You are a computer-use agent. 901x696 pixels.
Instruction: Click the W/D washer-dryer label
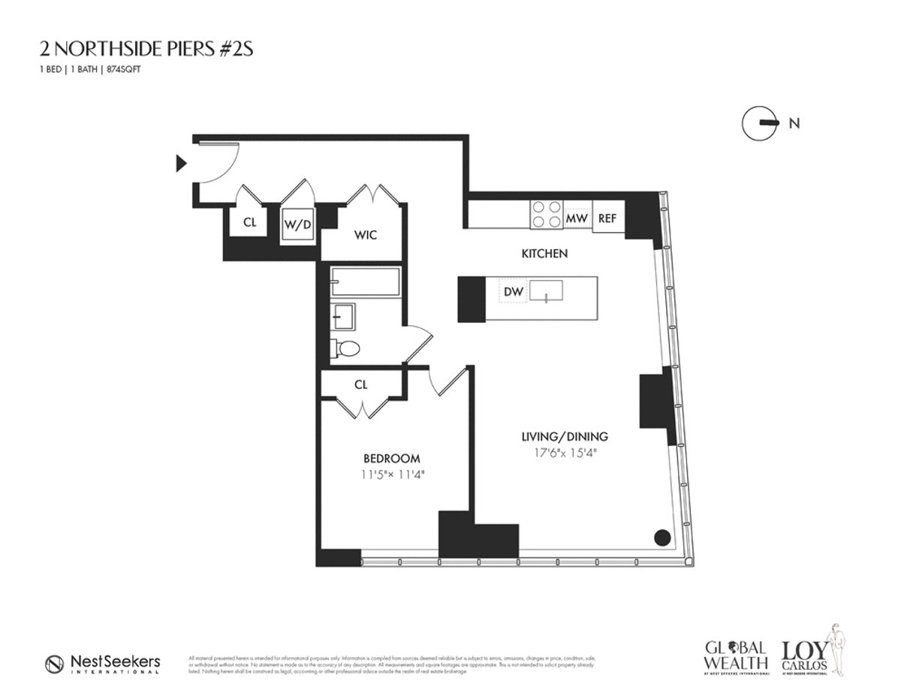tap(297, 223)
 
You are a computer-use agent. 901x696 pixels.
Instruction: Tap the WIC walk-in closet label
tap(365, 235)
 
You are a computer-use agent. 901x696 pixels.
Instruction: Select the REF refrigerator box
tap(607, 218)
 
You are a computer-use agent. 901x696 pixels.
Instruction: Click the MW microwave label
tap(576, 218)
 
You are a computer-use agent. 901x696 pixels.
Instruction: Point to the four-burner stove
tap(546, 213)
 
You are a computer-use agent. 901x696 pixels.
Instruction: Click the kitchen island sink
tap(547, 290)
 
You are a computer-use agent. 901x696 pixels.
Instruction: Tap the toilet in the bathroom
tap(346, 348)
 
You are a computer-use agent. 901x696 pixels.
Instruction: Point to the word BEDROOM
tap(391, 458)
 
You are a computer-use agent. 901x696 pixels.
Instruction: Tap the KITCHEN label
tap(544, 254)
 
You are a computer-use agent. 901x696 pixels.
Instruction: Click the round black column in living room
tap(661, 537)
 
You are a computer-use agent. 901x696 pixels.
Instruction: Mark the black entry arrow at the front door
tap(180, 162)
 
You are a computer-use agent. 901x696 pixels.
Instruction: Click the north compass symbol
tap(758, 123)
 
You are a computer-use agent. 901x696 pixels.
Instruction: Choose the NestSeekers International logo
tap(102, 664)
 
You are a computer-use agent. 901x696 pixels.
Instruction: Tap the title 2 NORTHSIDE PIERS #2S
tap(149, 49)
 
